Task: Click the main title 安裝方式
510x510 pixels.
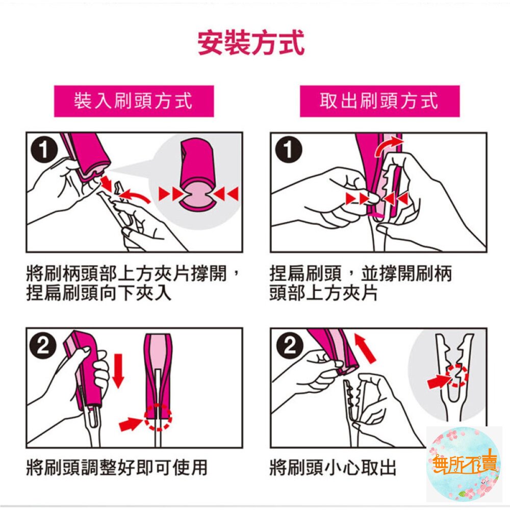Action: (251, 44)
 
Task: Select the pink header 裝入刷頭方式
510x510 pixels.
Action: (134, 101)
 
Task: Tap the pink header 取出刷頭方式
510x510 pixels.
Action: (379, 101)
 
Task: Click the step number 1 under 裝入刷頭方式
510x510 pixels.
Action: (45, 151)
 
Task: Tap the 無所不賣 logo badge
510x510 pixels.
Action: (464, 464)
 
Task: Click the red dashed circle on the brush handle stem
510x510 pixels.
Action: (158, 417)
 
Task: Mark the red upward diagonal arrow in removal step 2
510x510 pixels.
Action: (365, 347)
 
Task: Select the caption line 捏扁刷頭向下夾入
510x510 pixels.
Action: (99, 294)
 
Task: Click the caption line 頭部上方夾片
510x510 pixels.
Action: (323, 294)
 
